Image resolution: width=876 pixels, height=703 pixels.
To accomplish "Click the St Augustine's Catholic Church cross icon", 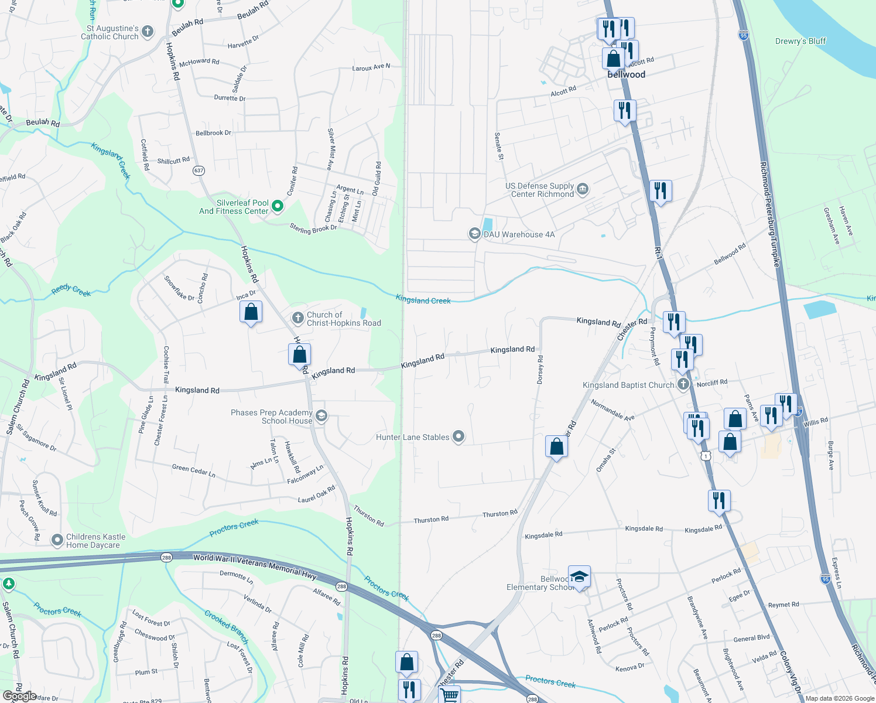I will [148, 32].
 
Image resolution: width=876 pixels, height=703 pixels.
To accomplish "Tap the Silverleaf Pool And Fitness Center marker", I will [278, 206].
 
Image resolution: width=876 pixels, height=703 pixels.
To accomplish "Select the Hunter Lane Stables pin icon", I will [458, 436].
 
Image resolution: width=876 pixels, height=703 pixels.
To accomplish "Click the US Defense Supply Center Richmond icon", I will [582, 189].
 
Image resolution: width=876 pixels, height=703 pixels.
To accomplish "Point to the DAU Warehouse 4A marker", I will [474, 234].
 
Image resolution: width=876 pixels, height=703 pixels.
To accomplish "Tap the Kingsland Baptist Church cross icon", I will [683, 384].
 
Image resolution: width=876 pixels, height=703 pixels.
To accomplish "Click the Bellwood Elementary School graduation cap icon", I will [579, 577].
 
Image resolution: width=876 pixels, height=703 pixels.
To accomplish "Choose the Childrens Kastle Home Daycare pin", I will [57, 540].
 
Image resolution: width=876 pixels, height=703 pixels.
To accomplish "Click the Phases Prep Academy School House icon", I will [321, 416].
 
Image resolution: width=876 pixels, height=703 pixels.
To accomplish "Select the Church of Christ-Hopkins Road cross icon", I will [298, 318].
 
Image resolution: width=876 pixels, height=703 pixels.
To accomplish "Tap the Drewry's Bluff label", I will [800, 41].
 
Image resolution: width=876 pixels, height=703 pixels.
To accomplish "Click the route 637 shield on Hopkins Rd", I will [199, 170].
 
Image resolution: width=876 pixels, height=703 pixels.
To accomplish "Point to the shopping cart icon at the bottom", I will [449, 695].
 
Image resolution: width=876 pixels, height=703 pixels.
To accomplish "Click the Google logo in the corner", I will [19, 696].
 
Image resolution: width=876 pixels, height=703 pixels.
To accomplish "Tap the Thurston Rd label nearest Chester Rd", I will [499, 514].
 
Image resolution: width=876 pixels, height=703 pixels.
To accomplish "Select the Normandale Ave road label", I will [612, 409].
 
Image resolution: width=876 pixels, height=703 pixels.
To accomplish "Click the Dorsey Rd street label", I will [540, 370].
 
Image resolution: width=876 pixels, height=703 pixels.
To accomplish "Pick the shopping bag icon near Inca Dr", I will [251, 311].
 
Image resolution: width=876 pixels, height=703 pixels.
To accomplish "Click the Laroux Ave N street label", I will [371, 67].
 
